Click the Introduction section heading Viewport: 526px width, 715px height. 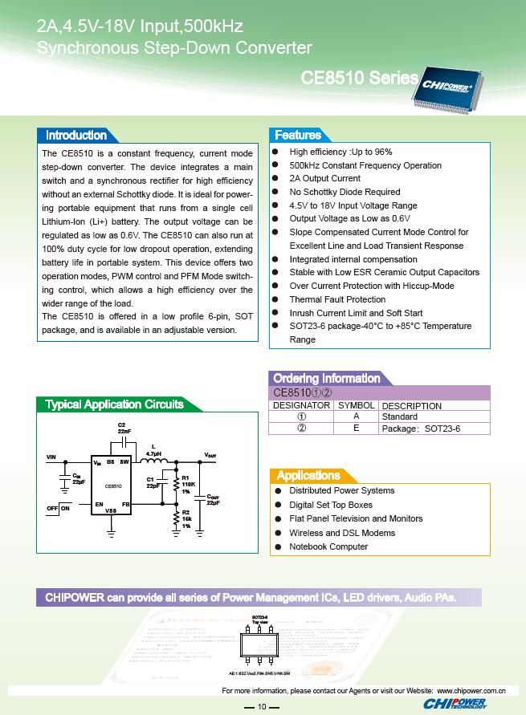pos(76,136)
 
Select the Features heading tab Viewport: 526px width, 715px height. pos(297,136)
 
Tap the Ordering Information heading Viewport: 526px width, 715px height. pos(326,378)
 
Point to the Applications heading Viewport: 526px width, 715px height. pos(308,475)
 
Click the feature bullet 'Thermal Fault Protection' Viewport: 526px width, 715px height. pos(337,299)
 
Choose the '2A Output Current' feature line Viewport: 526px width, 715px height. pos(324,178)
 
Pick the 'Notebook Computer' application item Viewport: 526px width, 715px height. pos(328,546)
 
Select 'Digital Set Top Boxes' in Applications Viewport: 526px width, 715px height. pos(331,505)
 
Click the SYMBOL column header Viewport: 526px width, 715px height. pos(356,406)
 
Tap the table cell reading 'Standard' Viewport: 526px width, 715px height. pos(399,417)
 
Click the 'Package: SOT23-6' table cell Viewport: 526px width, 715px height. pos(420,429)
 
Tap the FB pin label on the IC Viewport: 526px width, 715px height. pos(126,505)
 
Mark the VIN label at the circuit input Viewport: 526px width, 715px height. pos(51,457)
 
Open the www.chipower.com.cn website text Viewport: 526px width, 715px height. pos(471,689)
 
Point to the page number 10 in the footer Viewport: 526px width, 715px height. pos(262,706)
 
